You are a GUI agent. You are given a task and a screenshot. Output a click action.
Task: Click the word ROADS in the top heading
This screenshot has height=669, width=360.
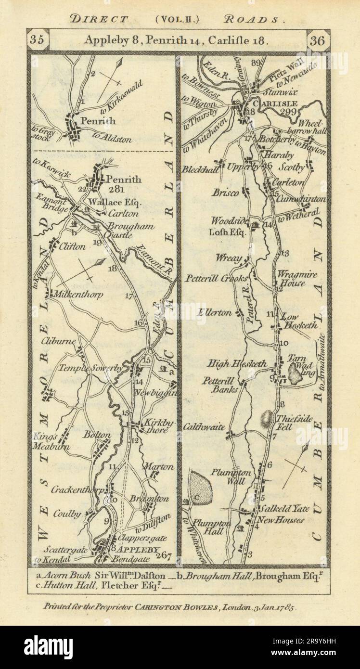(x=257, y=19)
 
